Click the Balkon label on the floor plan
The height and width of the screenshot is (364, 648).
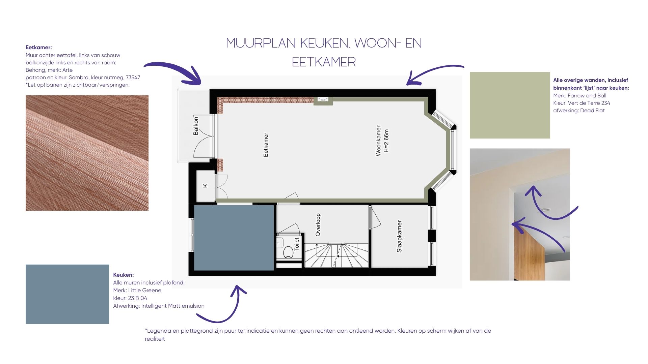[196, 126]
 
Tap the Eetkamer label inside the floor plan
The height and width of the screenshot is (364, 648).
[266, 145]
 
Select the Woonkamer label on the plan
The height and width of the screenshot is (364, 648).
[379, 141]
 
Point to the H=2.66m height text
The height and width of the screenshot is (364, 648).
[387, 141]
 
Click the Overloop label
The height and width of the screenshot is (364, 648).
[318, 224]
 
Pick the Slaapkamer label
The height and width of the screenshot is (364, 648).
[399, 236]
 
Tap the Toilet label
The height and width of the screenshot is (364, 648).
[297, 243]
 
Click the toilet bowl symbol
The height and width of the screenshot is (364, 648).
[288, 252]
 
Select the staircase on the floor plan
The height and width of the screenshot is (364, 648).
[336, 255]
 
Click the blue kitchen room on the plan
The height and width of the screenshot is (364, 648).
[234, 238]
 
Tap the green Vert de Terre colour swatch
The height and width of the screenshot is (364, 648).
[510, 105]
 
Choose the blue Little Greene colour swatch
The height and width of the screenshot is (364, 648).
[67, 294]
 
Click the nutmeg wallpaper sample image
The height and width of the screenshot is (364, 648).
[87, 153]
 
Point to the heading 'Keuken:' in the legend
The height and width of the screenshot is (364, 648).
[124, 275]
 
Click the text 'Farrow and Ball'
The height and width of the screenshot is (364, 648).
[587, 96]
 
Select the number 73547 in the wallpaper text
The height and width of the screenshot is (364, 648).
[133, 78]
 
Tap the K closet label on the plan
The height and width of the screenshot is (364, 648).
[205, 186]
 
